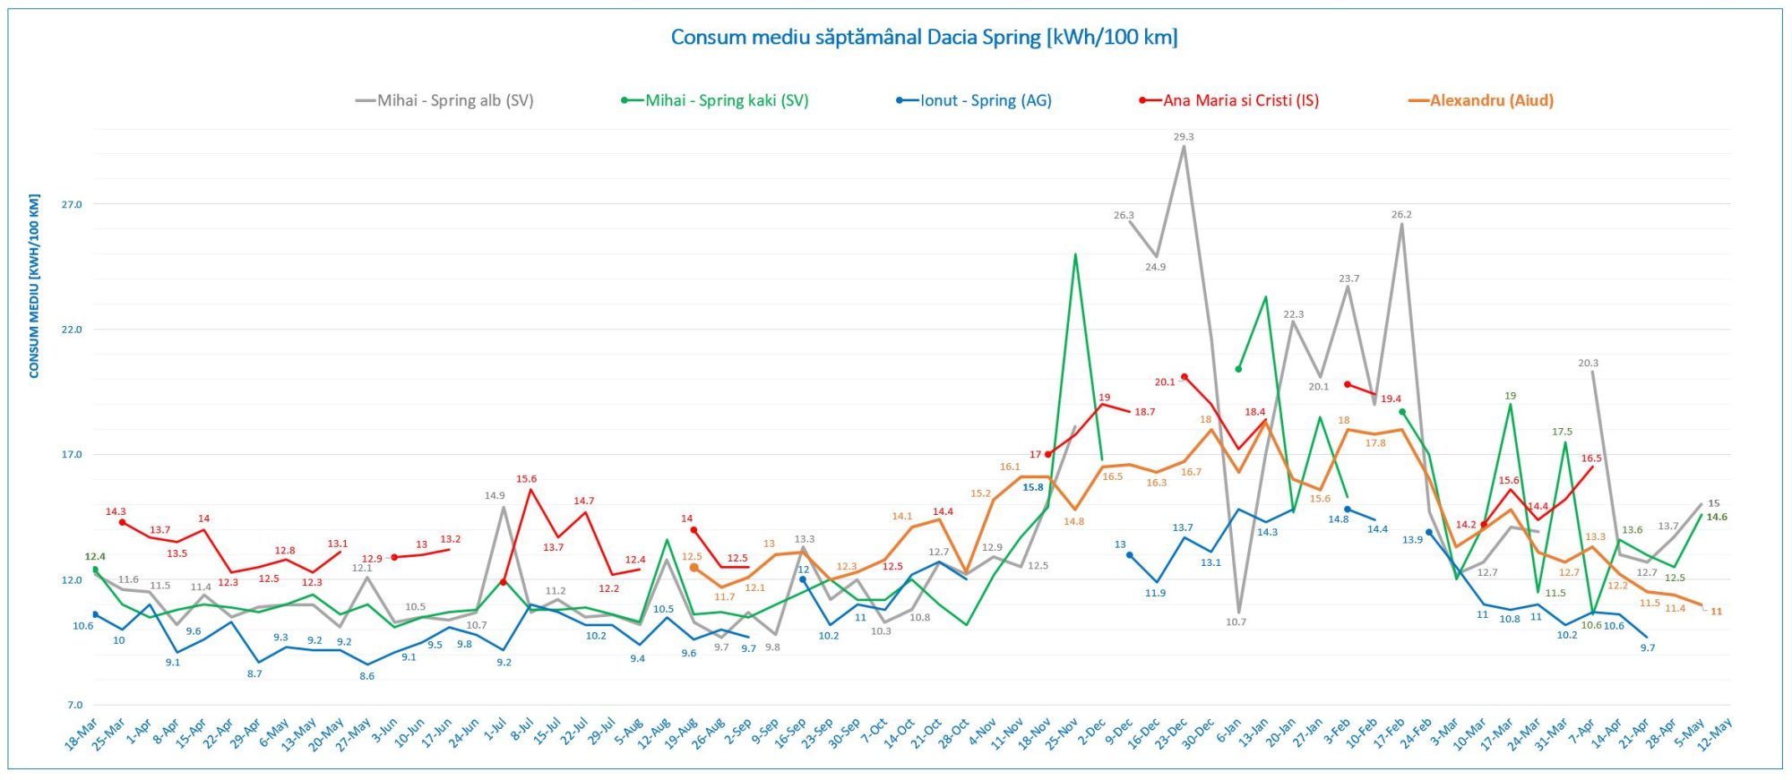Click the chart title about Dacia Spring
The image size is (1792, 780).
coord(924,38)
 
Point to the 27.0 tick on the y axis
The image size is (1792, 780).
coord(72,205)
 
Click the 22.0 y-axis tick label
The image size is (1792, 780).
coord(72,330)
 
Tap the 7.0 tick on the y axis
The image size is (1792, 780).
coord(74,705)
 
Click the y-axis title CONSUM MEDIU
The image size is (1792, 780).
coord(35,286)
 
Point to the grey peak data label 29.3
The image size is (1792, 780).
coord(1184,137)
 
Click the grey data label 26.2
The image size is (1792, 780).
coord(1401,215)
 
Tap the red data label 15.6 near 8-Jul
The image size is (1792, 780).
coord(526,479)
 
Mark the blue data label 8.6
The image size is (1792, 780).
coord(366,676)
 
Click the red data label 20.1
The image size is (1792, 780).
coord(1164,381)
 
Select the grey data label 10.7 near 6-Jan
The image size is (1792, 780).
coord(1236,621)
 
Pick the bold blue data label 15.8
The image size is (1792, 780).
coord(1033,487)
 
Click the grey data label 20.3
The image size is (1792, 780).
coord(1588,363)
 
